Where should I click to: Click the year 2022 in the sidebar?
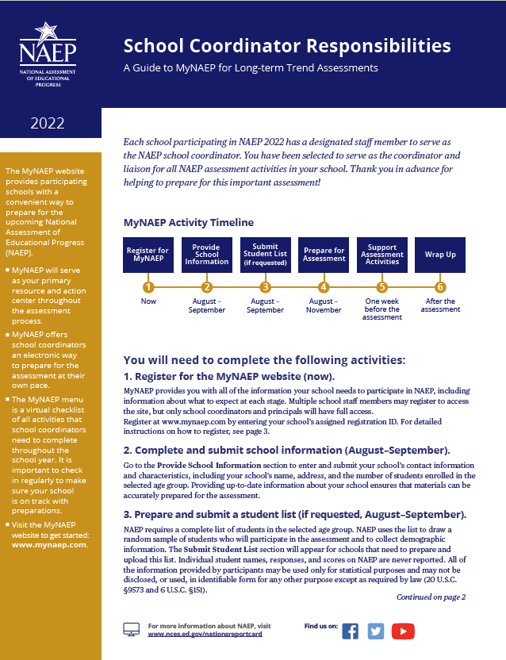[x=48, y=123]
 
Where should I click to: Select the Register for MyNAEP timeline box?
[x=148, y=255]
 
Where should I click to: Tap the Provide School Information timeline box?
[x=206, y=255]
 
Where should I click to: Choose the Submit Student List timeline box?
[x=265, y=255]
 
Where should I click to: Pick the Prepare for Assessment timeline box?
[x=324, y=255]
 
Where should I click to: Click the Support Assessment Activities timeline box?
[x=381, y=255]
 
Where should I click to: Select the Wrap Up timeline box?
[x=440, y=255]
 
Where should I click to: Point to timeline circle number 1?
[x=148, y=287]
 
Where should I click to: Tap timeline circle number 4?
[x=324, y=287]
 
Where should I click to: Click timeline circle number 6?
[x=440, y=287]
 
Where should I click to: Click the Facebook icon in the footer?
[x=350, y=631]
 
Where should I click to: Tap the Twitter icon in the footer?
[x=375, y=631]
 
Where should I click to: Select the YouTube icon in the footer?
[x=403, y=631]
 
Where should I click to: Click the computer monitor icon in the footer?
[x=132, y=630]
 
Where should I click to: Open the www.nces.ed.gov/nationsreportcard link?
[x=205, y=635]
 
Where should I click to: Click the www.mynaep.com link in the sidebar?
[x=48, y=545]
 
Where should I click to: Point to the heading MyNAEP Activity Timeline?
[x=189, y=222]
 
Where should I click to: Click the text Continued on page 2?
[x=431, y=597]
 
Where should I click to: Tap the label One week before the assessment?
[x=382, y=309]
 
